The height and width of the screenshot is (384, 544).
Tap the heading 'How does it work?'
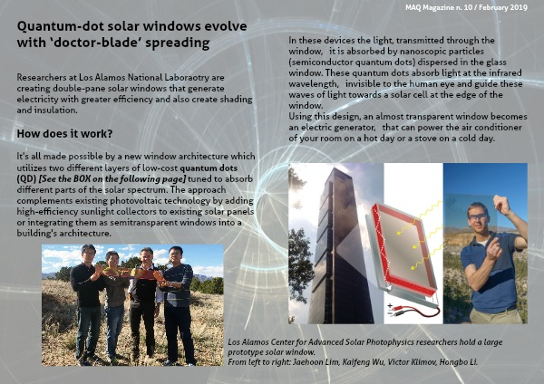click(64, 134)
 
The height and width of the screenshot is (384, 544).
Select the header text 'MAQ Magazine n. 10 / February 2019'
click(466, 7)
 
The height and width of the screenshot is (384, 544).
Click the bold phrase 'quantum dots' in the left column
click(209, 168)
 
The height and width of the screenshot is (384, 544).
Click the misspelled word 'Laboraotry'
click(189, 78)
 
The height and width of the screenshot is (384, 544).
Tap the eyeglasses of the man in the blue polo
click(478, 217)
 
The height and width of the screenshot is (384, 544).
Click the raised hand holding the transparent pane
click(501, 205)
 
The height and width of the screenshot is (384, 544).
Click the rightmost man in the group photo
click(178, 305)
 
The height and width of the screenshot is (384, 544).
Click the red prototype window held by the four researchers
click(131, 274)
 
